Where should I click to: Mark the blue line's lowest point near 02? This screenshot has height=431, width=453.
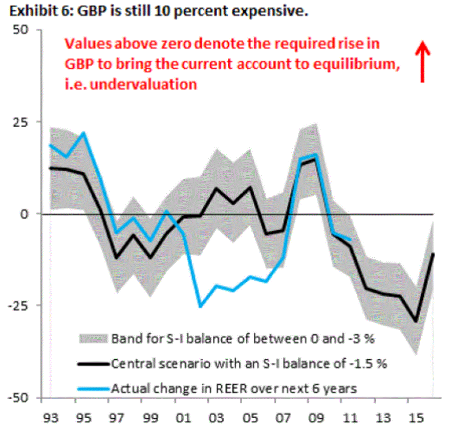pos(200,306)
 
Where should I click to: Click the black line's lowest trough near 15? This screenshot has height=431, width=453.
pos(416,322)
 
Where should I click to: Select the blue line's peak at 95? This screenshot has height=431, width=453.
pos(83,133)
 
